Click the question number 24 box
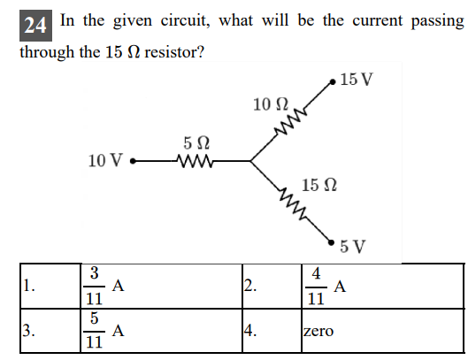(x=35, y=24)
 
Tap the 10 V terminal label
(x=105, y=161)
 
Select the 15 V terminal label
(x=356, y=80)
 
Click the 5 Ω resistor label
(x=196, y=142)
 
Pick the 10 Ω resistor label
(x=268, y=104)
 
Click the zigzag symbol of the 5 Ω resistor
(x=196, y=161)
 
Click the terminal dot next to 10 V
(x=133, y=161)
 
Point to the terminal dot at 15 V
(x=333, y=81)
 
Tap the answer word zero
(x=318, y=333)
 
